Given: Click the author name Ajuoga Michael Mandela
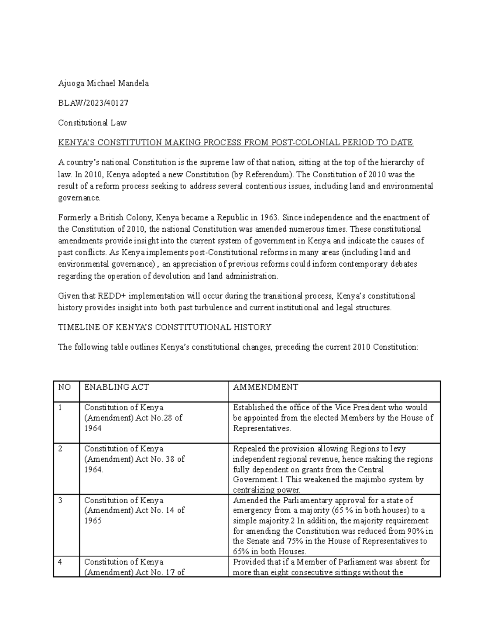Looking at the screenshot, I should (103, 84).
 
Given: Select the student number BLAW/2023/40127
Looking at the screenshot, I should (93, 103).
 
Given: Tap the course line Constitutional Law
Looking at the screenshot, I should (92, 123).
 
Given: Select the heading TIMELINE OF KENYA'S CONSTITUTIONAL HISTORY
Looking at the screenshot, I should (164, 327).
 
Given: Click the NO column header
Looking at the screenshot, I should (64, 387).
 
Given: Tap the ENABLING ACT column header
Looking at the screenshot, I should (116, 387).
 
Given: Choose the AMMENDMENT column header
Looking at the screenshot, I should (266, 387).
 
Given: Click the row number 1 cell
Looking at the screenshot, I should (60, 408).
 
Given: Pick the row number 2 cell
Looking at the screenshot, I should (60, 449).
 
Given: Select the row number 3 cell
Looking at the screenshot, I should (60, 501).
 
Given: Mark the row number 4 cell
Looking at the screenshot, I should (60, 562).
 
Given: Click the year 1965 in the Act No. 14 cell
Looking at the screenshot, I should (93, 521).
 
